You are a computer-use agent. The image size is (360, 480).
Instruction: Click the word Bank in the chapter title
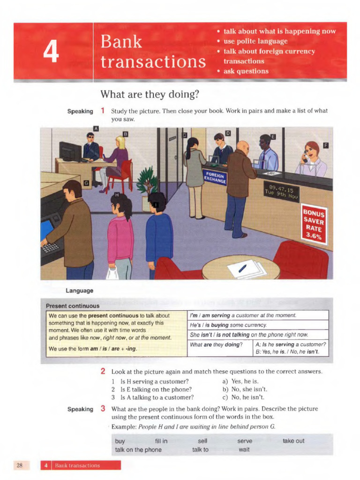click(121, 42)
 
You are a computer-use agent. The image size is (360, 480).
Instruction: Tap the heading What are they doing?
click(150, 94)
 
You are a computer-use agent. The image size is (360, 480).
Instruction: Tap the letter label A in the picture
click(96, 128)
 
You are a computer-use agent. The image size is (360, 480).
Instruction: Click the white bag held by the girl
click(112, 273)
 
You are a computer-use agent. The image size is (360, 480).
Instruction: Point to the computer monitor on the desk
click(71, 151)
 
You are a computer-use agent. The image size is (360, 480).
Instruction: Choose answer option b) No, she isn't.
click(245, 389)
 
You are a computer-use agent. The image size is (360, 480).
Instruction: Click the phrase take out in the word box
click(293, 441)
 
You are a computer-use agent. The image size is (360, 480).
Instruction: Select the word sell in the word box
click(202, 441)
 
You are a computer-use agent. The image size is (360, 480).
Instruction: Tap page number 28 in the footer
click(20, 465)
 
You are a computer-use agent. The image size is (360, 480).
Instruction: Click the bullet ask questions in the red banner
click(246, 71)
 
